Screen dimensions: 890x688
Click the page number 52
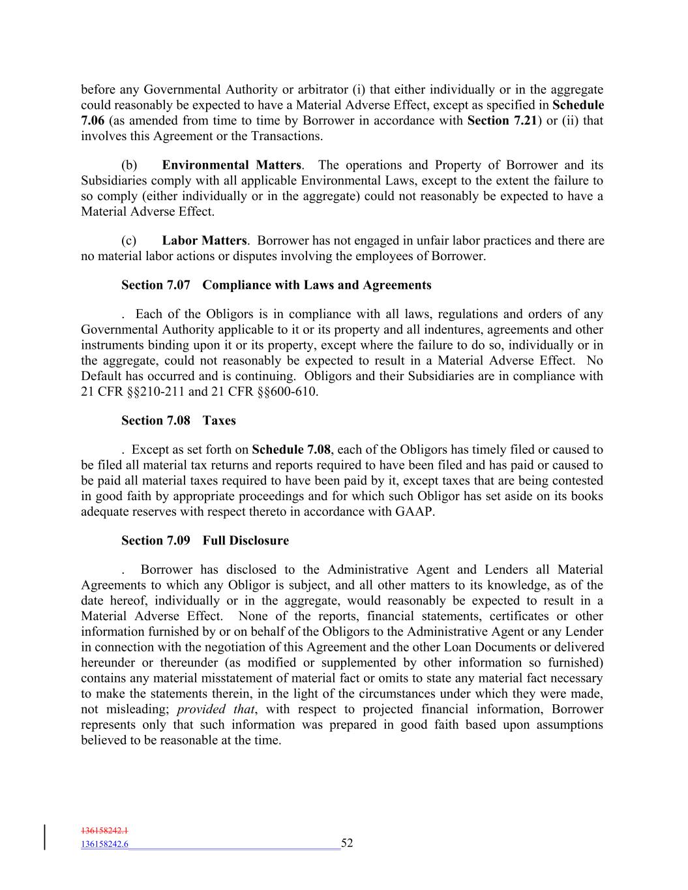(x=347, y=843)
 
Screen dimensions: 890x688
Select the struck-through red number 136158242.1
(x=104, y=831)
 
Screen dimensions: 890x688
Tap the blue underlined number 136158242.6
(x=104, y=844)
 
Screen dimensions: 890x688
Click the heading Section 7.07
(x=155, y=285)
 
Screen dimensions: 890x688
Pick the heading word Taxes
(x=219, y=421)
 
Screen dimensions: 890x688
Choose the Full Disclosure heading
(x=245, y=541)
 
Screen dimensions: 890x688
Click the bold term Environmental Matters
(x=232, y=165)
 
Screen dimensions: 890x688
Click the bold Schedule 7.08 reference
(x=291, y=449)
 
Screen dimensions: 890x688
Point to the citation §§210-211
(x=153, y=392)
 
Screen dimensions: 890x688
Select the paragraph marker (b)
(x=128, y=165)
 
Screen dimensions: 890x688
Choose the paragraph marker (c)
(x=128, y=241)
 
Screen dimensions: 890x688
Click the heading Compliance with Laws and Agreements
(x=317, y=285)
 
